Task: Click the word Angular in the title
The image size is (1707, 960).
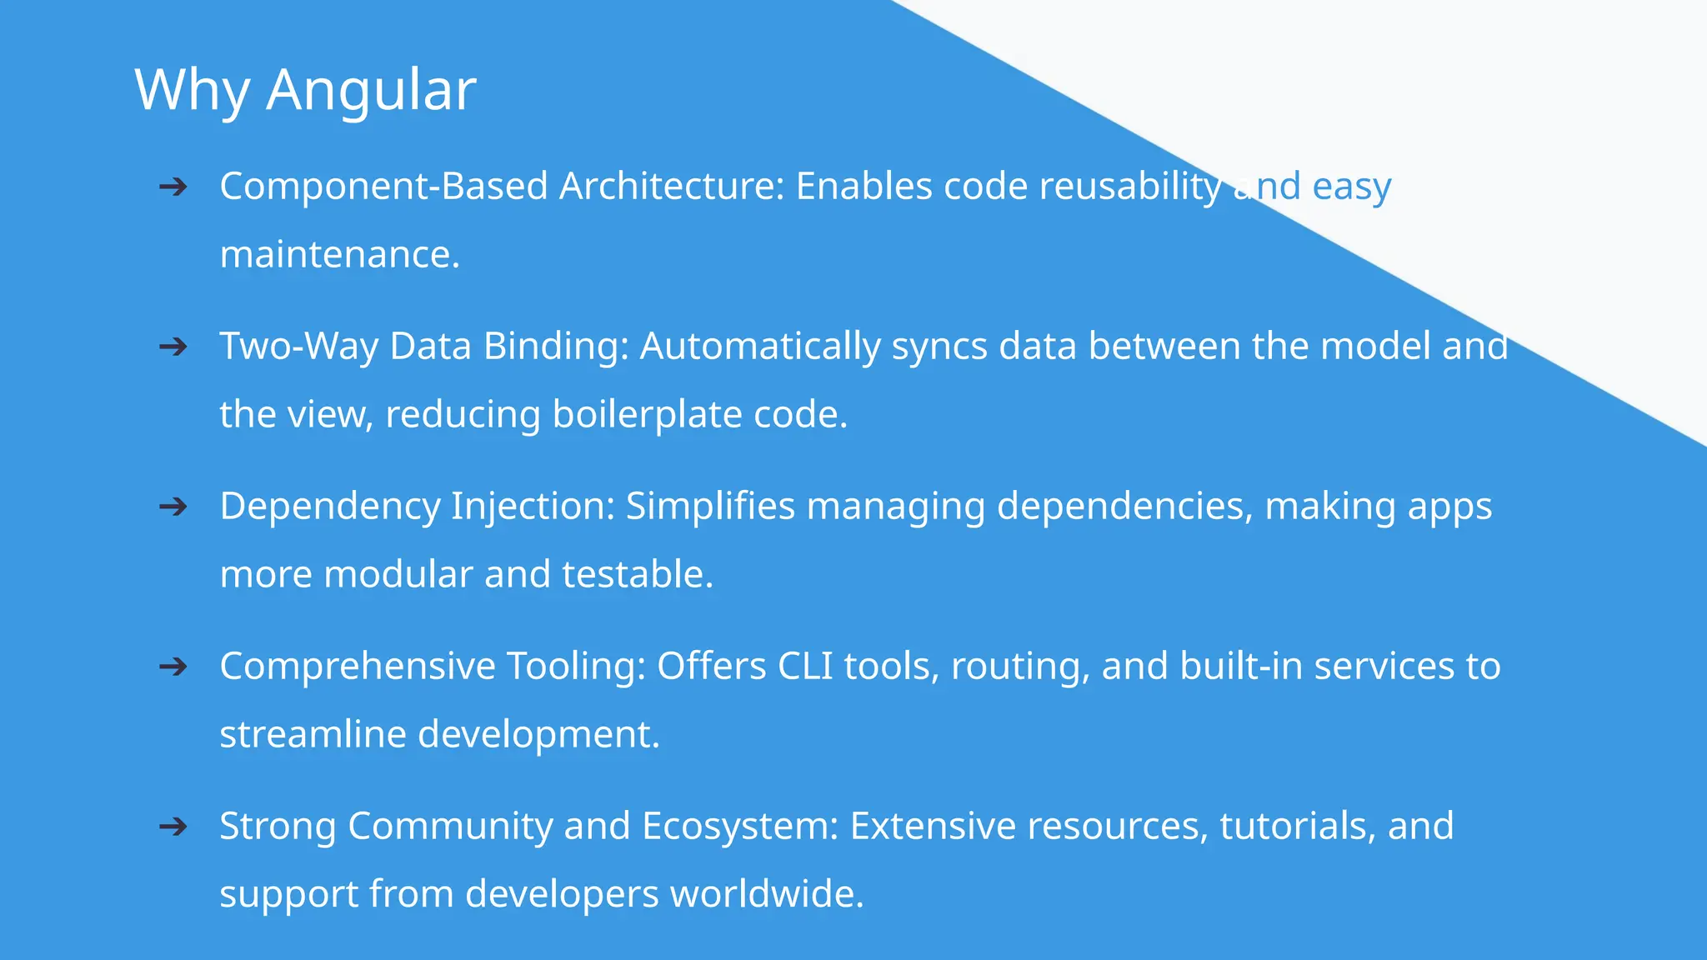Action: pyautogui.click(x=371, y=89)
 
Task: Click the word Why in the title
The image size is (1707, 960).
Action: pyautogui.click(x=192, y=89)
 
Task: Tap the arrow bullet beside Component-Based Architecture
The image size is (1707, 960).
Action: pyautogui.click(x=173, y=187)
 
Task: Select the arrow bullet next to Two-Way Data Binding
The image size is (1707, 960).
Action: pyautogui.click(x=173, y=347)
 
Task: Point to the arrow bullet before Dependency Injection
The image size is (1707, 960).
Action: pyautogui.click(x=173, y=507)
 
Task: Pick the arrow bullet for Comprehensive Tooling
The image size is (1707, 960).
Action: pyautogui.click(x=173, y=667)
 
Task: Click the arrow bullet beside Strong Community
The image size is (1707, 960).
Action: pyautogui.click(x=173, y=827)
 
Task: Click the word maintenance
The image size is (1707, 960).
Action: pyautogui.click(x=338, y=254)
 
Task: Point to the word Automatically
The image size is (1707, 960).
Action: pyautogui.click(x=759, y=347)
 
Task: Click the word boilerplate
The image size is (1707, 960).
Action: pyautogui.click(x=647, y=414)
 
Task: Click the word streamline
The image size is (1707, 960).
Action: pyautogui.click(x=313, y=734)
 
